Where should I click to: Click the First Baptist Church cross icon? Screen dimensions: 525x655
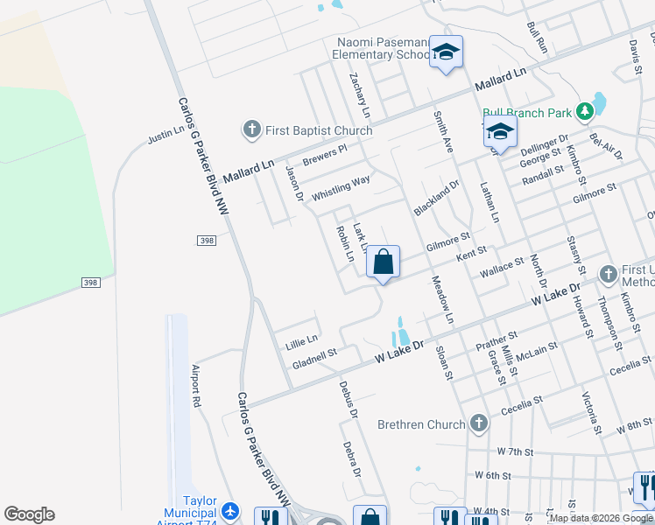[251, 130]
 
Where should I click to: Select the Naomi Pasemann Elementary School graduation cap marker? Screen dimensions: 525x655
[446, 53]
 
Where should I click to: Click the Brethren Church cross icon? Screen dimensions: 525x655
[478, 424]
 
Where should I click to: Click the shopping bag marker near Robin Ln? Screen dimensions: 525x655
[383, 262]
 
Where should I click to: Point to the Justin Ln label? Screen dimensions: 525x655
[166, 134]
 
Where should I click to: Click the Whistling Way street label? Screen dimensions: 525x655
[342, 188]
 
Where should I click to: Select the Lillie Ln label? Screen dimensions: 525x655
[301, 337]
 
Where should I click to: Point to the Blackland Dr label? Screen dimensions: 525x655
[436, 199]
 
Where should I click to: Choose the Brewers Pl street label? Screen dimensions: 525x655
[325, 155]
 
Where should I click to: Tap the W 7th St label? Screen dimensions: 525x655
[515, 451]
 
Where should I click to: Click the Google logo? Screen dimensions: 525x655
[29, 514]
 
